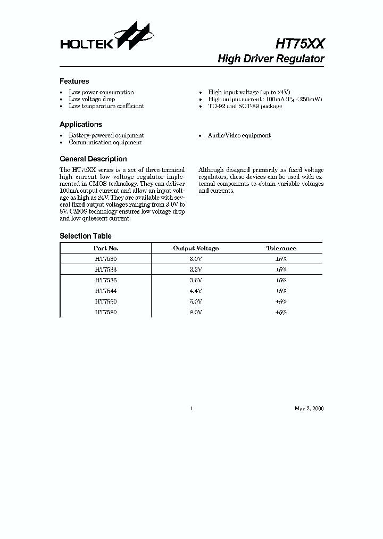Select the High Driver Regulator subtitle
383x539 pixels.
[x=271, y=59]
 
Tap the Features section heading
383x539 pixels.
[x=74, y=81]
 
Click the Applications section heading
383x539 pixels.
[x=80, y=125]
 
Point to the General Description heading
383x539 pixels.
[x=93, y=159]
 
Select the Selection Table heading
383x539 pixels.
[x=85, y=236]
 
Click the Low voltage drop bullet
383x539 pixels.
[x=91, y=99]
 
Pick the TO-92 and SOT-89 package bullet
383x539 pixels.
[x=245, y=106]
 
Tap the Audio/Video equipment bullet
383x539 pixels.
[x=239, y=136]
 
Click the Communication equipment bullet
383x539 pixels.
[x=105, y=142]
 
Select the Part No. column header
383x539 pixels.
[x=106, y=248]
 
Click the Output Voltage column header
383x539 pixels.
[x=196, y=248]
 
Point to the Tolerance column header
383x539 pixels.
[x=281, y=248]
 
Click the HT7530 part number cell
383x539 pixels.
[x=106, y=258]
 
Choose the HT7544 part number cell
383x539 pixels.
[x=106, y=291]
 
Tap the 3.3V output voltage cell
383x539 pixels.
[x=196, y=269]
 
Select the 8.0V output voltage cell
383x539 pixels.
[x=196, y=313]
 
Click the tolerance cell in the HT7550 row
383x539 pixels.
[x=281, y=301]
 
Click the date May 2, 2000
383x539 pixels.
[x=309, y=409]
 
